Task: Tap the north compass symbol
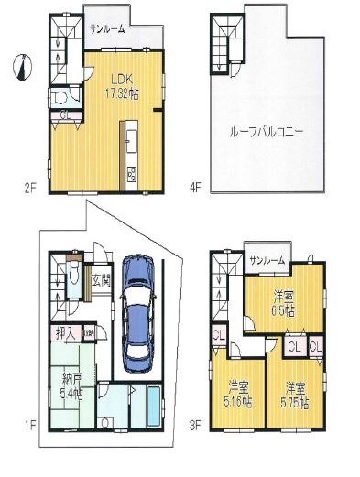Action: [x=21, y=66]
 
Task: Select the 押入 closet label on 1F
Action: [x=58, y=334]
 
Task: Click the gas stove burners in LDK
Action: [x=132, y=174]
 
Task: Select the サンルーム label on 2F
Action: [x=108, y=30]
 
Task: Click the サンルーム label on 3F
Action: [x=267, y=261]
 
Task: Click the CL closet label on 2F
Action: [x=65, y=115]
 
